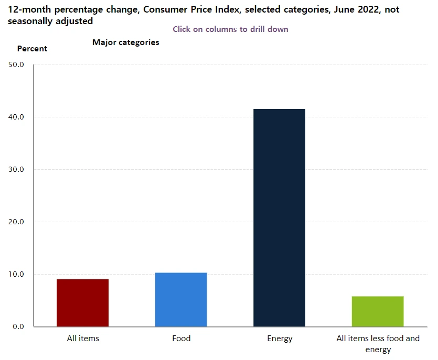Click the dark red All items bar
click(82, 303)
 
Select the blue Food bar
click(181, 299)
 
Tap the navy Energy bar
click(279, 217)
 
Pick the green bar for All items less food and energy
click(378, 311)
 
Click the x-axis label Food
click(181, 339)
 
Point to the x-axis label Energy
click(280, 339)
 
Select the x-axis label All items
click(83, 339)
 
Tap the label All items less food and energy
click(378, 344)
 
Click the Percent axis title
click(32, 49)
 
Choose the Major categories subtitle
click(126, 42)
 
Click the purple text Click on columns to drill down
click(230, 29)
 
